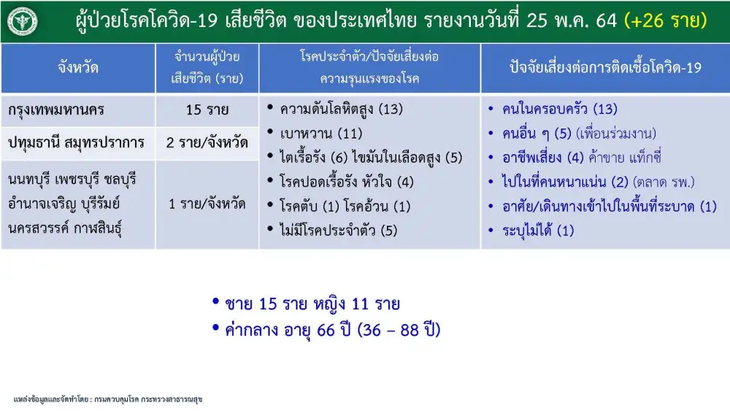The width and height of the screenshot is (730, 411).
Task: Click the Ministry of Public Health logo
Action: pos(22,21)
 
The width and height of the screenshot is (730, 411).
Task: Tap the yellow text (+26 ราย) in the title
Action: pos(666,20)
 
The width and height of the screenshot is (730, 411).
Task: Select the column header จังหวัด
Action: pos(78,67)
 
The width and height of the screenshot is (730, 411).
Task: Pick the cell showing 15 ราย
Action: pos(207,110)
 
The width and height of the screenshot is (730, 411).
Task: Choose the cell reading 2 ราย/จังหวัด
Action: pos(207,142)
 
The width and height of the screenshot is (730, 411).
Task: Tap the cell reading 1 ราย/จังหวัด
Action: pos(207,204)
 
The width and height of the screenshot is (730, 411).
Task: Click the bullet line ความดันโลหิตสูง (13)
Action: pos(341,110)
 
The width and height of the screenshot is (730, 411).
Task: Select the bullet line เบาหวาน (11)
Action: pos(320,134)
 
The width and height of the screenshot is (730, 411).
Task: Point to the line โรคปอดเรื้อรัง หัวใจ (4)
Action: pos(346,182)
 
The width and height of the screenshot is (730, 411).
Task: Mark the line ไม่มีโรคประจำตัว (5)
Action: pos(338,230)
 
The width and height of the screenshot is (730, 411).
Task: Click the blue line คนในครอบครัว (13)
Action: pos(560,110)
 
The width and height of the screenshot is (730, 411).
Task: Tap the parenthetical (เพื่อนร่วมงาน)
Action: pos(616,134)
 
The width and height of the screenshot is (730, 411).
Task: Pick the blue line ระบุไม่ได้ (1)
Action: pos(538,231)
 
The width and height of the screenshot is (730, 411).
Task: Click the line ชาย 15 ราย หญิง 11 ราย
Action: pos(312,304)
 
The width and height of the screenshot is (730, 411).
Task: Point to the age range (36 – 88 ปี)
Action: pos(399,330)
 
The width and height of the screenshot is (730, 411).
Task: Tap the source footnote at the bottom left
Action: pos(108,399)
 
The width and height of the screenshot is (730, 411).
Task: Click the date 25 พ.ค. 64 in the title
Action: pos(572,20)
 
